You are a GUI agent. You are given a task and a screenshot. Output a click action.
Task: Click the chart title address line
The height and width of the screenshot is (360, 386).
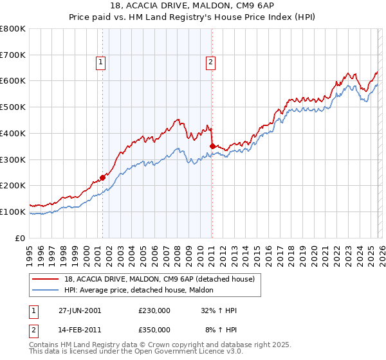(192, 6)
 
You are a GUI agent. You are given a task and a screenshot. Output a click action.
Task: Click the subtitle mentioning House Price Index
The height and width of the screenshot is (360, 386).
(192, 17)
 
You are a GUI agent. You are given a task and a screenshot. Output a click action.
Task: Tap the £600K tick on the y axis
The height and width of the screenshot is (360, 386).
(13, 81)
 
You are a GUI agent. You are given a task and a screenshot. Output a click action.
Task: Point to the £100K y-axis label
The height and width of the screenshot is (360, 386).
(13, 212)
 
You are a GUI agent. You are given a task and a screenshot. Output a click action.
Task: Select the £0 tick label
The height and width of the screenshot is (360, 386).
(19, 238)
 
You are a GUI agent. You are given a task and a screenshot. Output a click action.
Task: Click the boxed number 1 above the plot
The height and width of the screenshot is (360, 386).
(102, 62)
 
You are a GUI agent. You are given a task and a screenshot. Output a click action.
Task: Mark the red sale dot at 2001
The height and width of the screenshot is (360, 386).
(103, 178)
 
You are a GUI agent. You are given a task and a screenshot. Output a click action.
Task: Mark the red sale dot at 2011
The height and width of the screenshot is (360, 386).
(212, 147)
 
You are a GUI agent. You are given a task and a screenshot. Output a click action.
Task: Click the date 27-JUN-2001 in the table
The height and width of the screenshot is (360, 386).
(80, 310)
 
